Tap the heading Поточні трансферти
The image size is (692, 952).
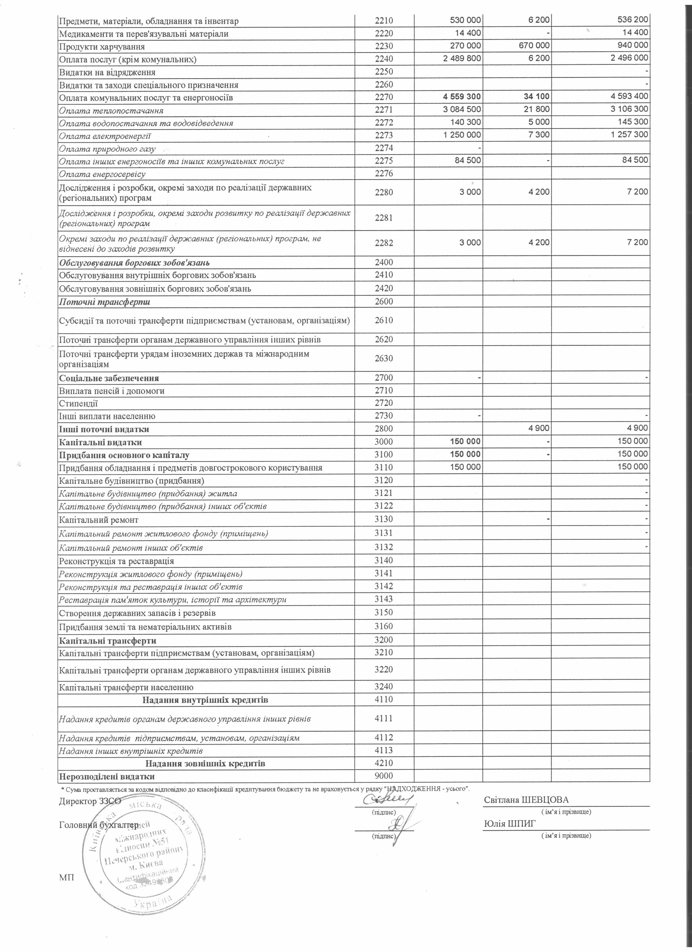pos(104,302)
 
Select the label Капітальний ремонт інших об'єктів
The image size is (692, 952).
pos(131,548)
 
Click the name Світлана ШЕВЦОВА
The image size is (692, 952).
pos(526,800)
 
